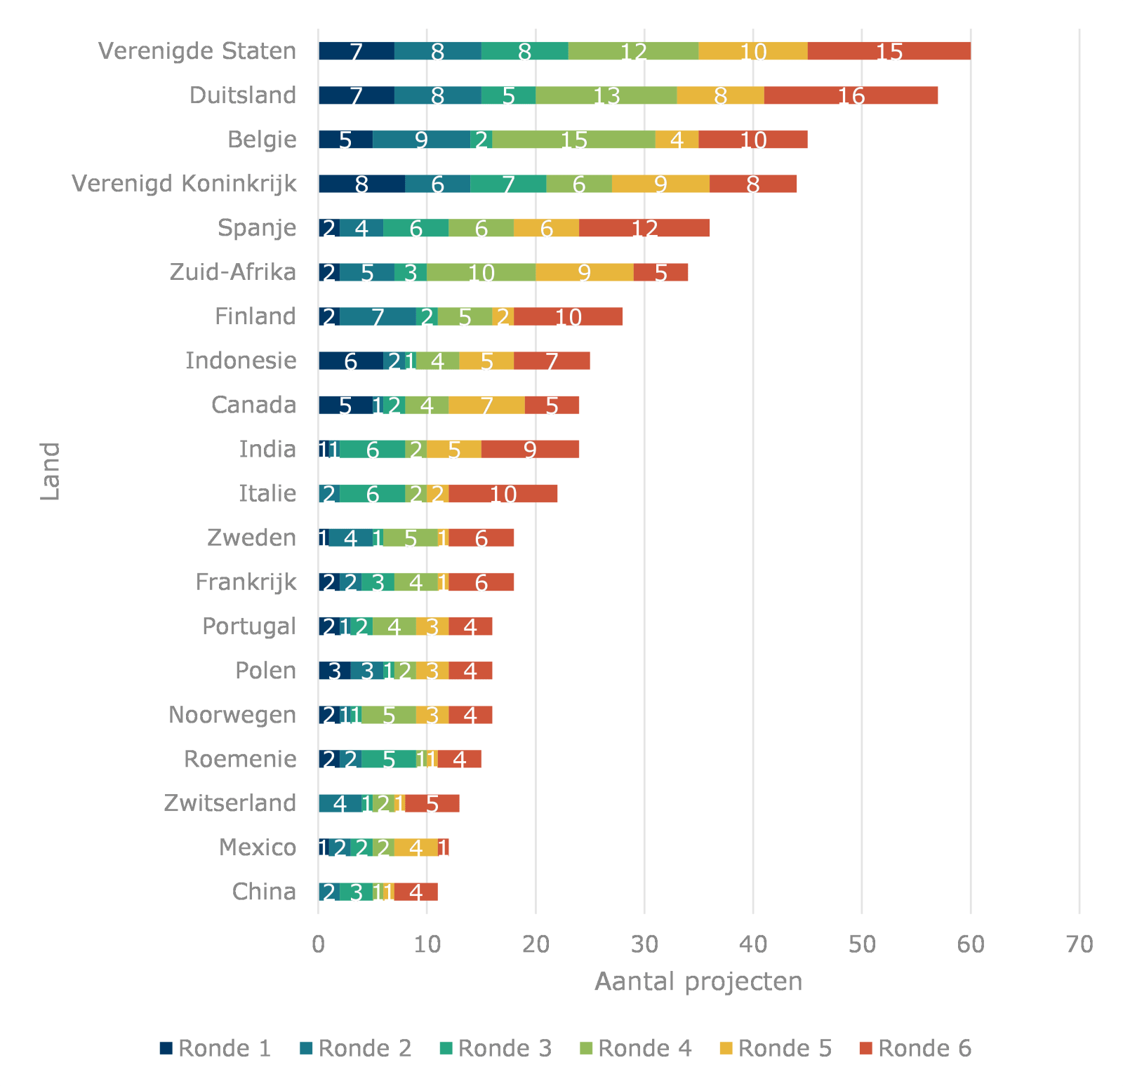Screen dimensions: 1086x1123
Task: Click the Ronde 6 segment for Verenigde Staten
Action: [889, 51]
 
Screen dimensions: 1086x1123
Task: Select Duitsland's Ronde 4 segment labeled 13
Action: [606, 95]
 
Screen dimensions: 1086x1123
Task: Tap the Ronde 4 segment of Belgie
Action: [573, 140]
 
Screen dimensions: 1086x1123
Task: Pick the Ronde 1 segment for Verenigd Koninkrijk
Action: [361, 184]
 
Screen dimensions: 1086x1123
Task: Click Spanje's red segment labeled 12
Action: [644, 228]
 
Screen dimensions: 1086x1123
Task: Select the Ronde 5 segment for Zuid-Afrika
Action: [584, 272]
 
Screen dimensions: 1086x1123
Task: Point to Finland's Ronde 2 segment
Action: [378, 316]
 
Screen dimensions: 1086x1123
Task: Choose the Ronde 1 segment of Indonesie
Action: [351, 361]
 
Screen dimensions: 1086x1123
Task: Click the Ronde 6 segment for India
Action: [530, 449]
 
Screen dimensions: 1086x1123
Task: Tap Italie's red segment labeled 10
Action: [503, 493]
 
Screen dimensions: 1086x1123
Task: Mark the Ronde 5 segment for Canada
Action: [486, 405]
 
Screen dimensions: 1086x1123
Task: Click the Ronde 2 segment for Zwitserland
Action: [340, 803]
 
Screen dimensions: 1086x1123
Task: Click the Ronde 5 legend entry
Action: [776, 1048]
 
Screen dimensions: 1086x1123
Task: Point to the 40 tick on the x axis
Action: [753, 944]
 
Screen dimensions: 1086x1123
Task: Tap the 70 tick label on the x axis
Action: [1079, 944]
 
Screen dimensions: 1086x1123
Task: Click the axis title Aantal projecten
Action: [698, 981]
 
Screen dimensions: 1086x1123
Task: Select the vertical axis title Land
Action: [50, 471]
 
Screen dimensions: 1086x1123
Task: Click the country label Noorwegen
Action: [232, 715]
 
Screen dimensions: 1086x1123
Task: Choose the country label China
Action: [264, 892]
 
